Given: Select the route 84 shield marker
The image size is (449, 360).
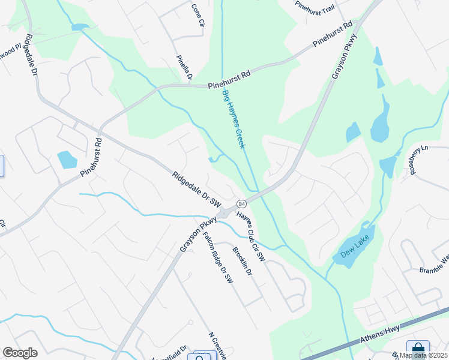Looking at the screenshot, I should (x=241, y=203).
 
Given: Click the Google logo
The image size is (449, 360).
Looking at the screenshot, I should (x=20, y=353).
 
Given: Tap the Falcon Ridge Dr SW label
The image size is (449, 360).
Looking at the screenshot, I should (x=217, y=258).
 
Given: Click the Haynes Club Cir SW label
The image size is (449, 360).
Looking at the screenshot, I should (x=251, y=236).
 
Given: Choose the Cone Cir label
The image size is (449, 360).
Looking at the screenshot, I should (x=197, y=16).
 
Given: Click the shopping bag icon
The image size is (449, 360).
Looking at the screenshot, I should (x=418, y=349).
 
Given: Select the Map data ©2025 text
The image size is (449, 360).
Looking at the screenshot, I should (x=423, y=355).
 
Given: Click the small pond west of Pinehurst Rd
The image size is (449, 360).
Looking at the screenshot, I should (x=67, y=160).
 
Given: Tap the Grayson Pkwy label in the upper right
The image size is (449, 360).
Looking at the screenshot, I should (x=344, y=56).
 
